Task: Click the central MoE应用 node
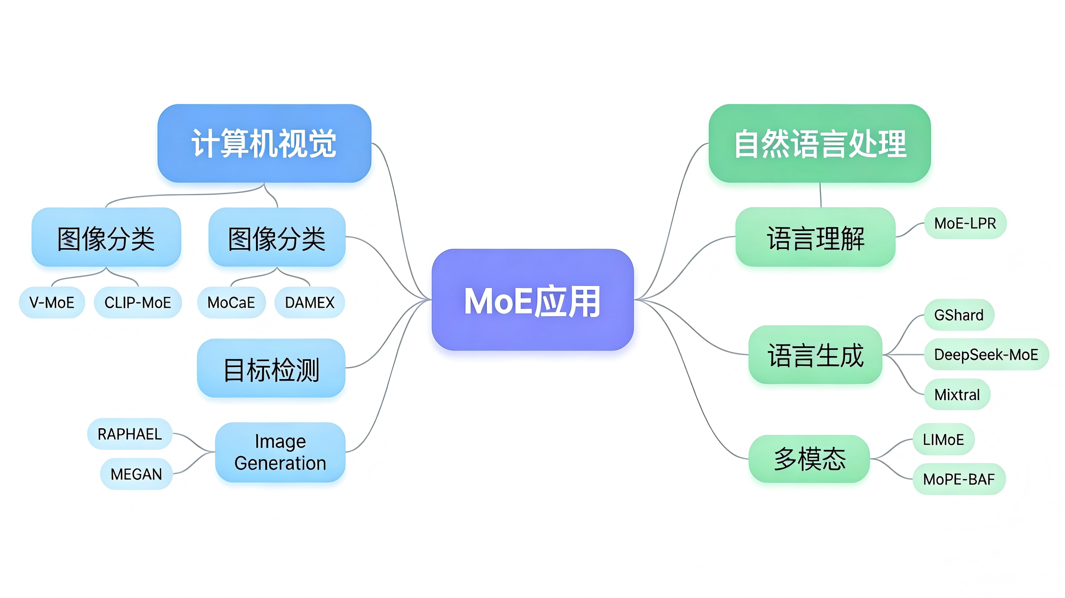click(x=532, y=300)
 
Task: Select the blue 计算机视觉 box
click(x=264, y=143)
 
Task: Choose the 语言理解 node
click(x=815, y=238)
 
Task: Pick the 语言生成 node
click(x=815, y=355)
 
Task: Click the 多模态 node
click(x=809, y=459)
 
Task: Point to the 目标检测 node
click(x=271, y=369)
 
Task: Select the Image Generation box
click(x=280, y=452)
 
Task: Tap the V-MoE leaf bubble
click(x=51, y=302)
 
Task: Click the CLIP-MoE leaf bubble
click(x=138, y=302)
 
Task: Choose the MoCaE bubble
click(x=231, y=302)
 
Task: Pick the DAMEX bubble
click(x=309, y=302)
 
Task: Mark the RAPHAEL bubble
click(x=130, y=434)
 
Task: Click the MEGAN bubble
click(x=136, y=474)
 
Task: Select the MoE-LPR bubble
click(x=965, y=223)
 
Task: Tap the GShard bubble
click(x=959, y=315)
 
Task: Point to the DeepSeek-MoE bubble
click(x=986, y=355)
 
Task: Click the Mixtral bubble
click(x=957, y=394)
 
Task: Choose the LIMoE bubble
click(x=943, y=439)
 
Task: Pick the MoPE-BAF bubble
click(x=959, y=479)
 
